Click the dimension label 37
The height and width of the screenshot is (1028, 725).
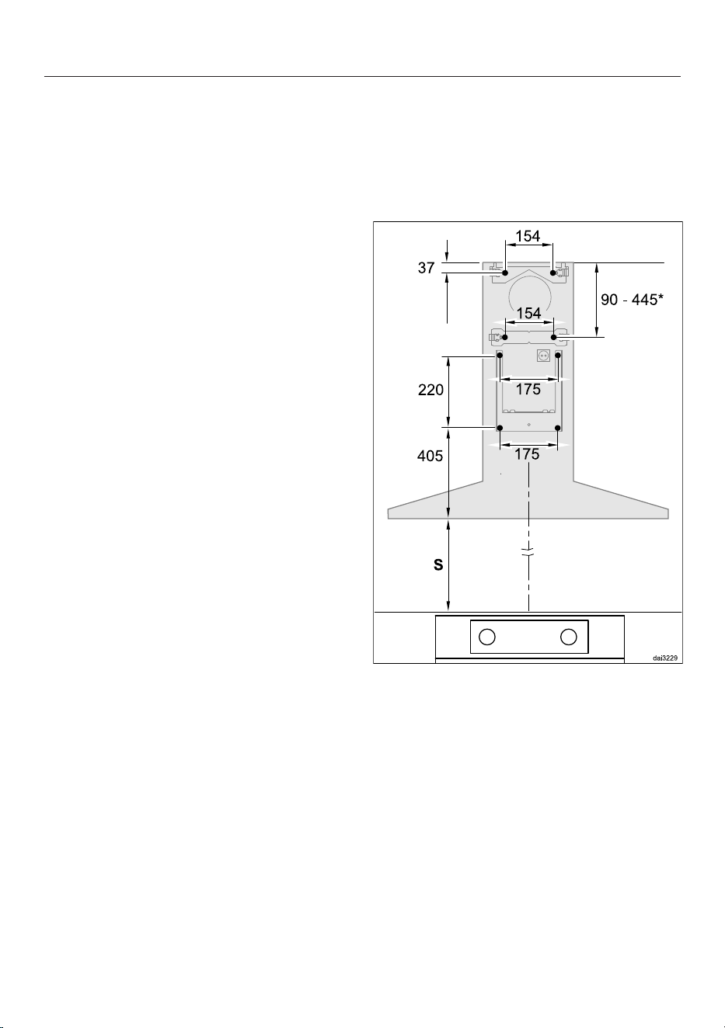[x=426, y=268]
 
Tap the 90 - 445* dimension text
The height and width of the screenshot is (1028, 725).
[x=632, y=300]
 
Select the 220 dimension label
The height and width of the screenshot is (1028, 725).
[x=430, y=390]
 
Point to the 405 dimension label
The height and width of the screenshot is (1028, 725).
[x=430, y=456]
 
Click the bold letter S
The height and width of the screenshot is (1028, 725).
[x=438, y=565]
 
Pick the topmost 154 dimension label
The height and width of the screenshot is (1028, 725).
[x=528, y=236]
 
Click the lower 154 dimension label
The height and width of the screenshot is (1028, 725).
[x=529, y=313]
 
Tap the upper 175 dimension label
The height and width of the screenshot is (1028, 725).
[x=528, y=389]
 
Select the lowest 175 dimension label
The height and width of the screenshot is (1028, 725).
[x=527, y=454]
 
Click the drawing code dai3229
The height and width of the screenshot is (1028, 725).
[x=665, y=658]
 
